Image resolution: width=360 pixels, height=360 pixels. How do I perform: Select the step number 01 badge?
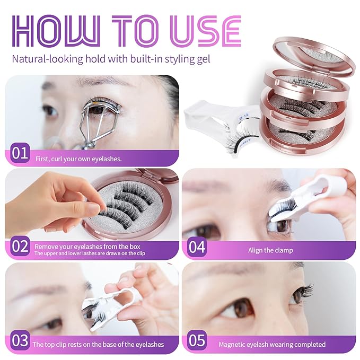coord(20,154)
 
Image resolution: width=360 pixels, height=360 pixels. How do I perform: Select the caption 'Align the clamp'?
coord(270,250)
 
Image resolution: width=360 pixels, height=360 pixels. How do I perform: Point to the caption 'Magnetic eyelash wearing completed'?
coord(272,344)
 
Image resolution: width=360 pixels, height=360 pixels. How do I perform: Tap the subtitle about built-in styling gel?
coord(111,58)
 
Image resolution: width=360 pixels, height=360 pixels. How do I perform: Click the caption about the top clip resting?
coord(98,344)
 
